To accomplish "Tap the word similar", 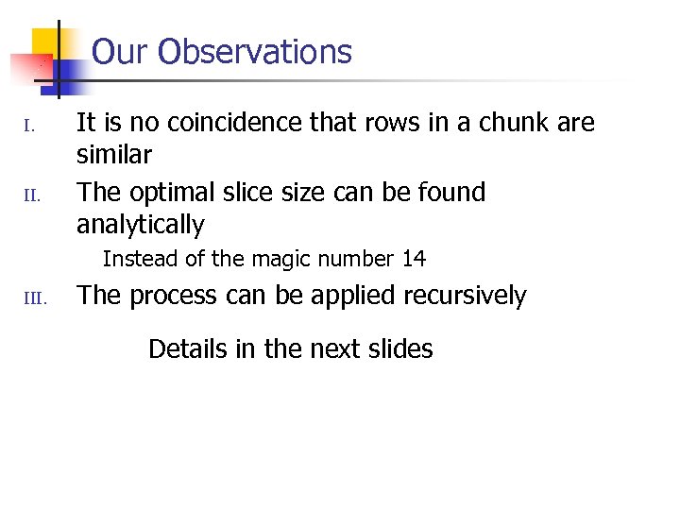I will coord(113,154).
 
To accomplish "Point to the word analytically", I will coord(140,225).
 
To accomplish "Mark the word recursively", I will coord(465,296).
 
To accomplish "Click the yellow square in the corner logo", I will coord(46,43).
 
